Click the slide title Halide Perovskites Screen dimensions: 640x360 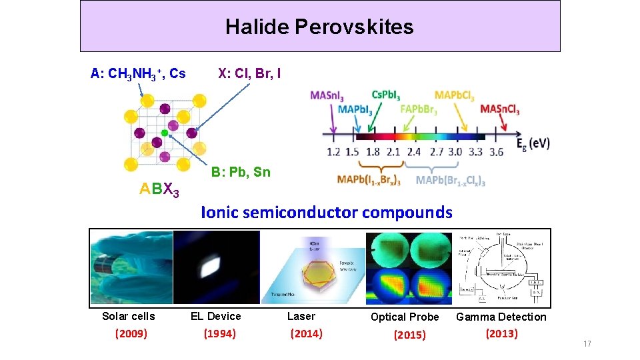tap(319, 27)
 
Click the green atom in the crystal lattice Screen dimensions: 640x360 tap(164, 133)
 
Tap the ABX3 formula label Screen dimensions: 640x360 tap(159, 190)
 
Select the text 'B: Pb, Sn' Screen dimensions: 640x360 tap(241, 172)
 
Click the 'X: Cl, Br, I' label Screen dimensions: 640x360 tap(249, 73)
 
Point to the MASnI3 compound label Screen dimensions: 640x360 tap(331, 95)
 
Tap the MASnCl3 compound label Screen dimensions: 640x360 tap(500, 109)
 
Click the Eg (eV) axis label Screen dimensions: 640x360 tap(534, 143)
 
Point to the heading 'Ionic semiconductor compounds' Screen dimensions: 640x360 tap(327, 213)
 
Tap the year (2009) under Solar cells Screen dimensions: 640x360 tap(131, 333)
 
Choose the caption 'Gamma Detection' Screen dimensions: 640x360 tap(501, 317)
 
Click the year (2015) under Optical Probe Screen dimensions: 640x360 tap(409, 335)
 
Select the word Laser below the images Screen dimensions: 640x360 tap(301, 316)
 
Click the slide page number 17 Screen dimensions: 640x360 tap(587, 343)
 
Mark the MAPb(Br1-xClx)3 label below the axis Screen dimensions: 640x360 tap(451, 180)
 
